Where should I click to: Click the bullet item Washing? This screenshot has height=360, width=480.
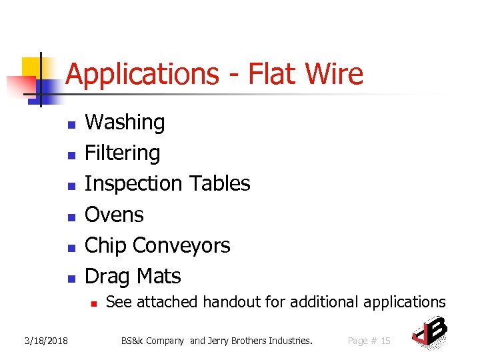click(x=125, y=123)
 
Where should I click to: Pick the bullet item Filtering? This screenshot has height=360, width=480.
click(x=123, y=153)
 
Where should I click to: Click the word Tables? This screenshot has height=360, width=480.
click(x=220, y=184)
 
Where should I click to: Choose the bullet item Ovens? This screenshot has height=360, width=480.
click(x=114, y=215)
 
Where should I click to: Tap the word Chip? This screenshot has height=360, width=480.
click(x=106, y=245)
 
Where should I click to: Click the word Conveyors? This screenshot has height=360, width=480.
click(x=181, y=245)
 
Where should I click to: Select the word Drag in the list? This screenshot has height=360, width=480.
click(x=107, y=276)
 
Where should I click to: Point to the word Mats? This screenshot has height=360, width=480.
click(x=157, y=276)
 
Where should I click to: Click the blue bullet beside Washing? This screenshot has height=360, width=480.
click(x=70, y=124)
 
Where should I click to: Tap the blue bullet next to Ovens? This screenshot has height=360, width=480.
click(x=70, y=216)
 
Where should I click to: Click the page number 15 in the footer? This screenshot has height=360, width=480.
click(x=385, y=341)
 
